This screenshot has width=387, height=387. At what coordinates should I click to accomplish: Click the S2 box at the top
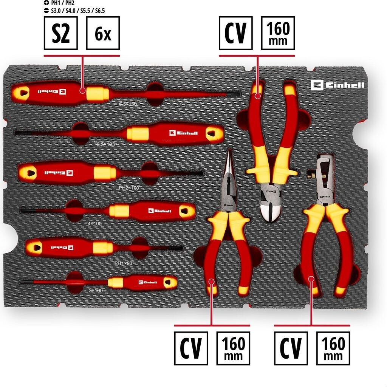(x=60, y=33)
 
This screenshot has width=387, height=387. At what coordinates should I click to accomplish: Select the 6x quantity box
(x=103, y=33)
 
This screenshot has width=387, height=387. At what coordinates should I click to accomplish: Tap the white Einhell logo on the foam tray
(x=337, y=85)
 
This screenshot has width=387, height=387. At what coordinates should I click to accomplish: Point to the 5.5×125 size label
(x=105, y=144)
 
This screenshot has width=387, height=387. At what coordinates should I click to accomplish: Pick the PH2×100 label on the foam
(x=129, y=187)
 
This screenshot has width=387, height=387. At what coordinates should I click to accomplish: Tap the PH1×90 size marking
(x=123, y=262)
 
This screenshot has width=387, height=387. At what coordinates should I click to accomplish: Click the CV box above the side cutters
(x=235, y=33)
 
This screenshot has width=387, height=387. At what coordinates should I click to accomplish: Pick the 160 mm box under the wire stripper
(x=333, y=348)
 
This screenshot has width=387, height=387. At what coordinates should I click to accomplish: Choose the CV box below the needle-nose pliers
(x=191, y=348)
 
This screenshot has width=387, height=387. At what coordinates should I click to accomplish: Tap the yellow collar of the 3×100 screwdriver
(x=116, y=282)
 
